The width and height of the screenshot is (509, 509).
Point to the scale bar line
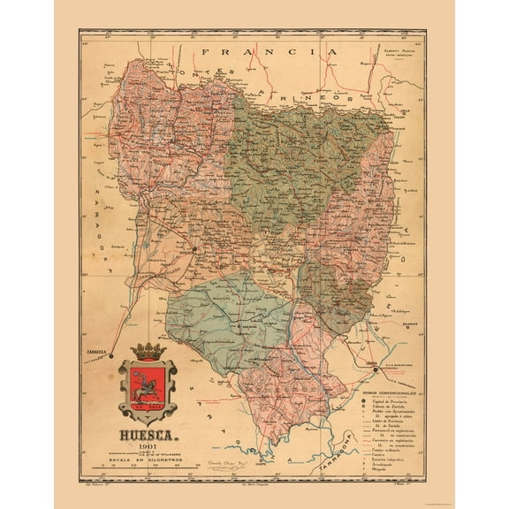click(147, 469)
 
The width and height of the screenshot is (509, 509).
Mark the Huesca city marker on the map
click(194, 249)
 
